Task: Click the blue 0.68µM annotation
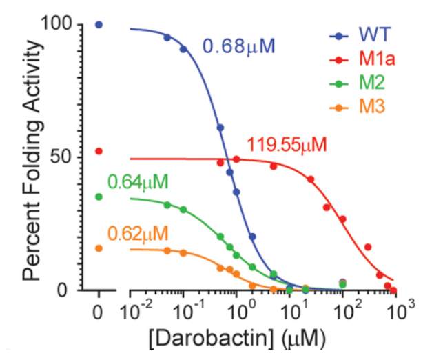(x=238, y=48)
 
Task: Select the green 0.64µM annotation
(x=138, y=183)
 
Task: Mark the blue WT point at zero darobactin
(x=99, y=25)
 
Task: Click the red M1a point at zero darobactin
(x=99, y=151)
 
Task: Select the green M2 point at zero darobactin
(x=99, y=197)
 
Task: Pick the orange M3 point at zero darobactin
(x=99, y=248)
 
